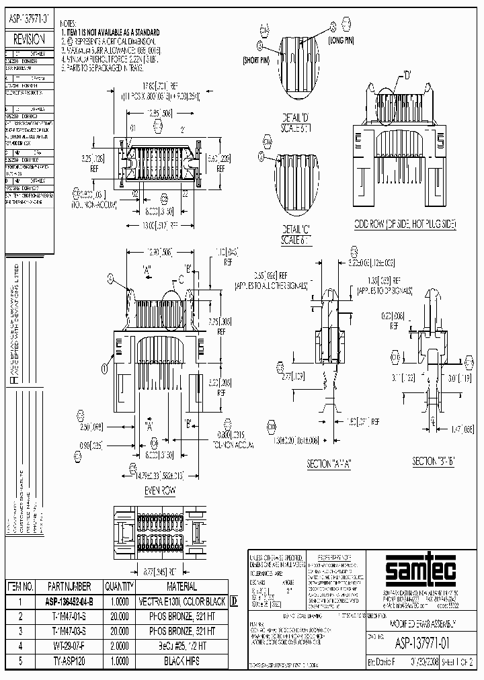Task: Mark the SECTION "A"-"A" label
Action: click(x=329, y=463)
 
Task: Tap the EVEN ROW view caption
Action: click(x=159, y=491)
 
